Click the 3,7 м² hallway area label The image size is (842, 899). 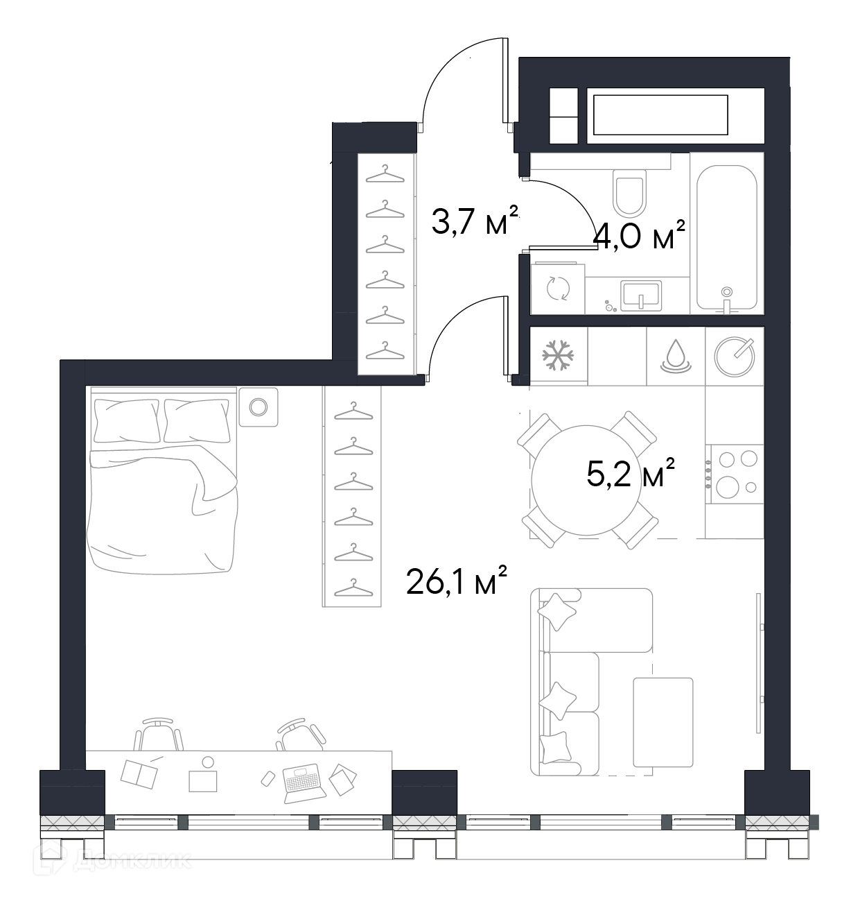click(474, 221)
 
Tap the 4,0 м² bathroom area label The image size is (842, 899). click(638, 235)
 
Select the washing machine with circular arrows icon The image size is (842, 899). click(557, 289)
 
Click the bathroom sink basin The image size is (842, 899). click(640, 295)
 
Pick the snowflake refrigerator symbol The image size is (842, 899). click(558, 354)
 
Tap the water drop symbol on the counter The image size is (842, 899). click(676, 356)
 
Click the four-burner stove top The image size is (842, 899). click(737, 474)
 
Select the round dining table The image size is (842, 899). click(587, 481)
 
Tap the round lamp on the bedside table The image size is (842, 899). click(258, 406)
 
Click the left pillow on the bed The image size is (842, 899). click(127, 420)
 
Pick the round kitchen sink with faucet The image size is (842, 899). click(735, 357)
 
